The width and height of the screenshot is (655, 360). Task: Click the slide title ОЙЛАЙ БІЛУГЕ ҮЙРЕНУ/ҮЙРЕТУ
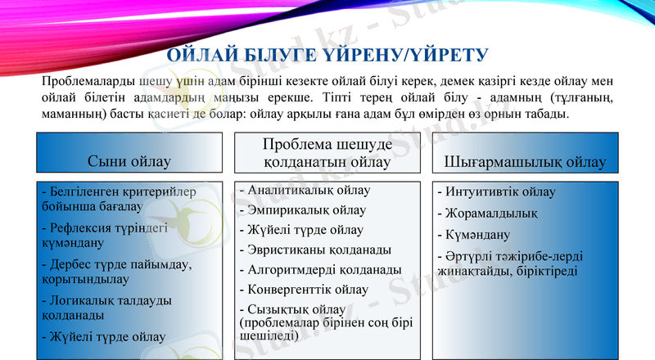click(327, 55)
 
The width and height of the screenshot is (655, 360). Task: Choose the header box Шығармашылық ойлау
click(525, 161)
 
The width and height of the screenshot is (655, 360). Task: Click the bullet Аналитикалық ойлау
click(305, 191)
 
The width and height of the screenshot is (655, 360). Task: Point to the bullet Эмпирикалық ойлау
click(303, 210)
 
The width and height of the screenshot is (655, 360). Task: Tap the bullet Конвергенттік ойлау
click(304, 289)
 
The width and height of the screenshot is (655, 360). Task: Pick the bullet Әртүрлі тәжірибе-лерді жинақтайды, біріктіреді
click(513, 263)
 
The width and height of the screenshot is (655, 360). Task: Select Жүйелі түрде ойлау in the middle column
click(301, 230)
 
